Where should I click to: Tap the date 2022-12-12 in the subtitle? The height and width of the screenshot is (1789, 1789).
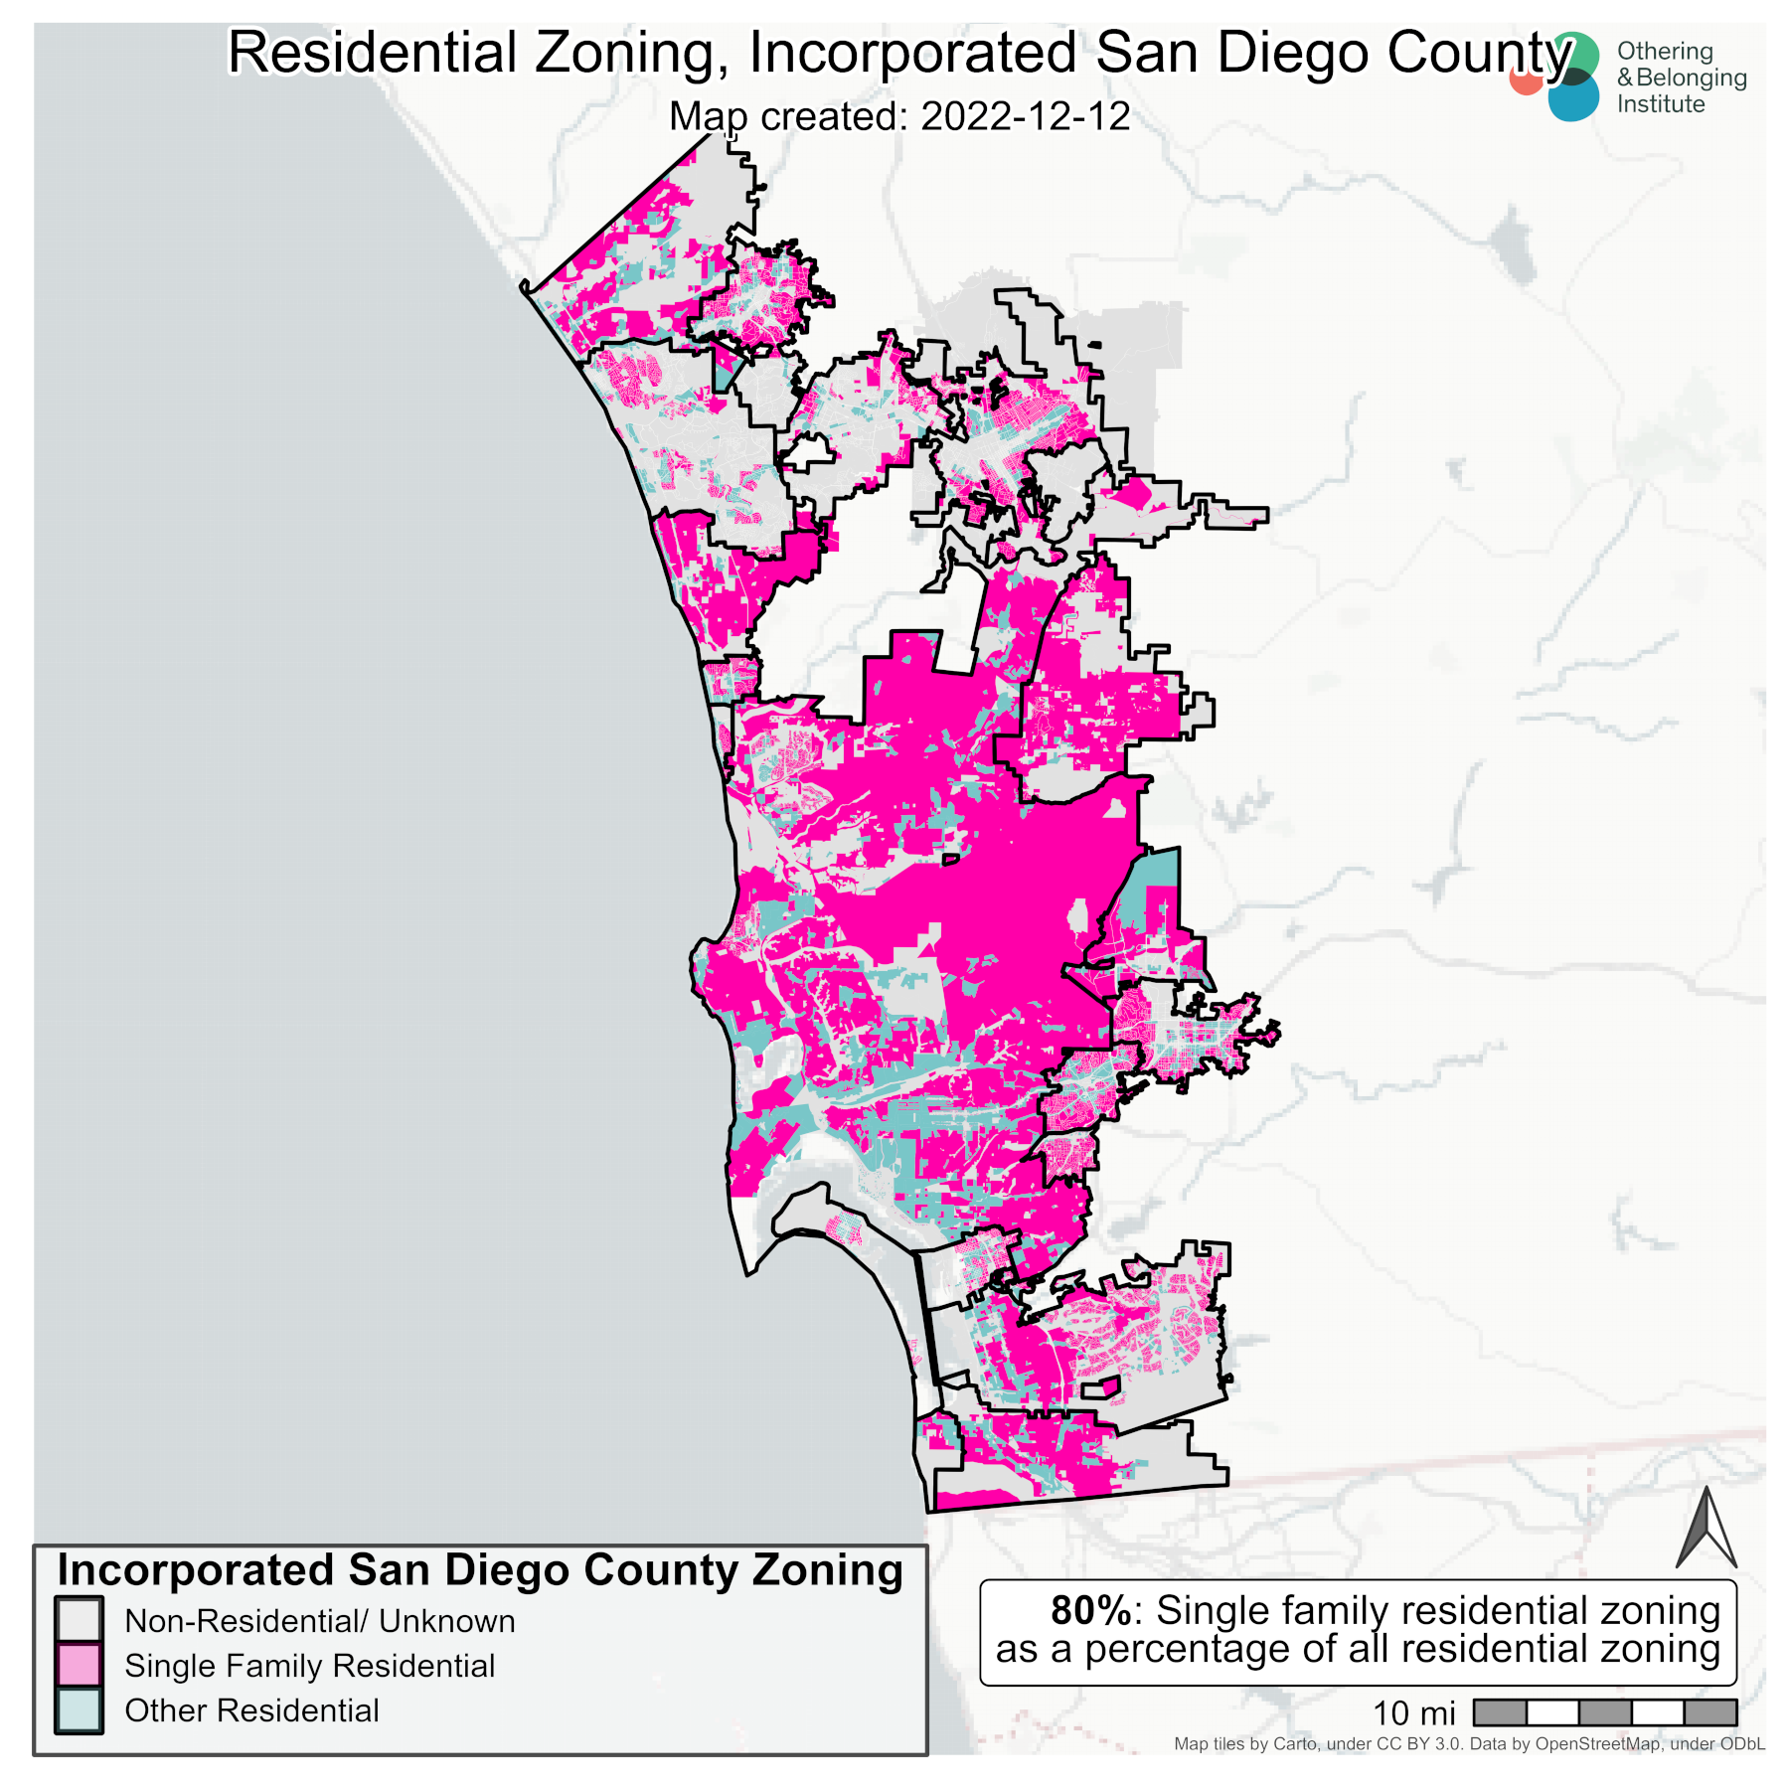point(1025,116)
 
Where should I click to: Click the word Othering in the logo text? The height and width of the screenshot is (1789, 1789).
point(1664,51)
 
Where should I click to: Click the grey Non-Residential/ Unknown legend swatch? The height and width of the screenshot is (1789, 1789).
point(79,1621)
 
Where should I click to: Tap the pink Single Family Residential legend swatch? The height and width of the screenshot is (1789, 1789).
point(79,1666)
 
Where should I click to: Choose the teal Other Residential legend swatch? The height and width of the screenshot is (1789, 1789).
point(79,1710)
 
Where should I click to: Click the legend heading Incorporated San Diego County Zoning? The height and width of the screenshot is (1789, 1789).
point(479,1570)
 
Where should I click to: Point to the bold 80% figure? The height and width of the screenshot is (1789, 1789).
point(1090,1610)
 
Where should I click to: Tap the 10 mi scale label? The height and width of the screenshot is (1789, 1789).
point(1412,1713)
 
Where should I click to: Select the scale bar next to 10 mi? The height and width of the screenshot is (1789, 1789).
point(1604,1712)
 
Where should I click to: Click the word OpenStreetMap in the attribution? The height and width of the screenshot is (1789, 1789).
point(1597,1743)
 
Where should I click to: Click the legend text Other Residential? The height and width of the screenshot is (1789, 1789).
point(251,1710)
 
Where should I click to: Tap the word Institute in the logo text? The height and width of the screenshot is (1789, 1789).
point(1660,104)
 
